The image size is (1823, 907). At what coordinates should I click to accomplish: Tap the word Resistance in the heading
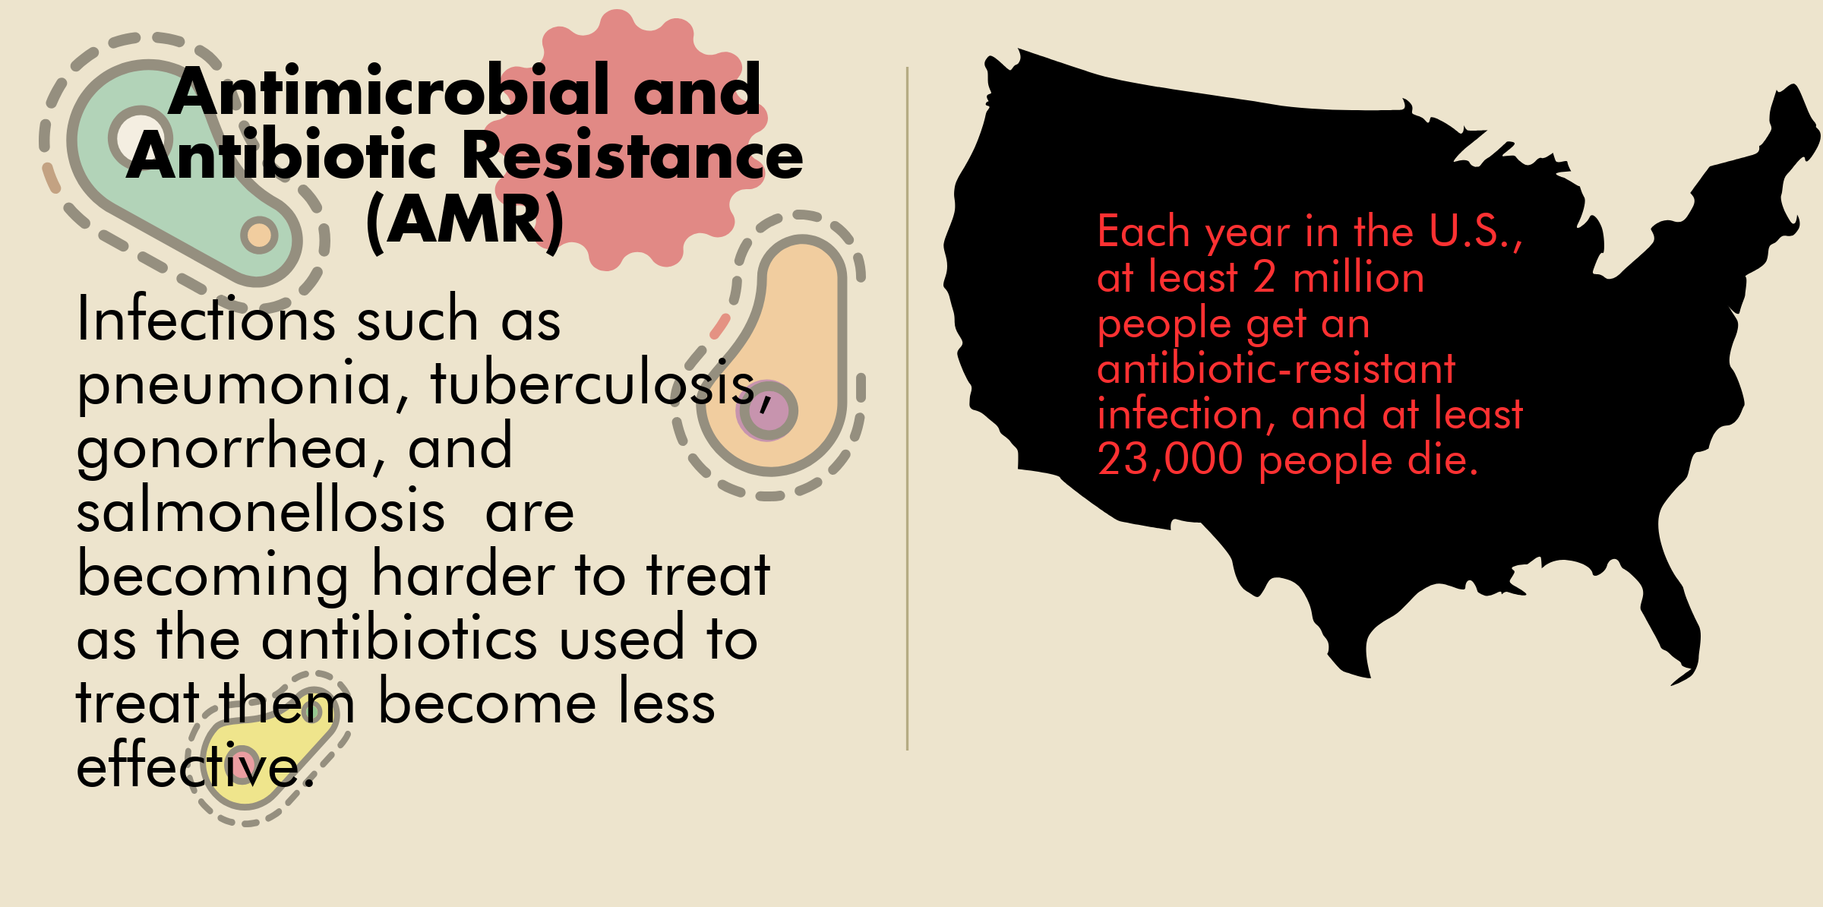(632, 155)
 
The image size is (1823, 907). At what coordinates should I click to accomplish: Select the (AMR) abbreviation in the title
(465, 221)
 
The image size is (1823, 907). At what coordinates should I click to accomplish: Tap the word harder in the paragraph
(463, 574)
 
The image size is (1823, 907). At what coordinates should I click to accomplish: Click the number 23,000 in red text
(1171, 460)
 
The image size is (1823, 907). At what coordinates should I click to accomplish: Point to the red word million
(1358, 277)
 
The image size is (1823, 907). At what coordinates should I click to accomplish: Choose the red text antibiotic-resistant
(1276, 368)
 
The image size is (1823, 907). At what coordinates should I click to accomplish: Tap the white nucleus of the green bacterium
(139, 137)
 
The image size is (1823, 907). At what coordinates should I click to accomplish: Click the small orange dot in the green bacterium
(260, 235)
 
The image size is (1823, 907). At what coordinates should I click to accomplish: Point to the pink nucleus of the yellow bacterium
(244, 764)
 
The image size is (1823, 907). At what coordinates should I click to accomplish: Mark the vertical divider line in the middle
(907, 409)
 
